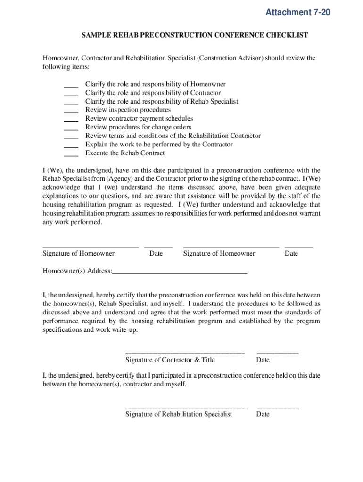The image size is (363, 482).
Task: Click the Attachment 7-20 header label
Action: (x=297, y=13)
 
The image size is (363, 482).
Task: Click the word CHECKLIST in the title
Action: (x=284, y=35)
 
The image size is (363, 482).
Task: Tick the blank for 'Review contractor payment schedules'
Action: (x=71, y=119)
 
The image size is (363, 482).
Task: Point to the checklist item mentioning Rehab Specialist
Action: (x=161, y=101)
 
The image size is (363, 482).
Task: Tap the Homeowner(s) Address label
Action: (x=77, y=271)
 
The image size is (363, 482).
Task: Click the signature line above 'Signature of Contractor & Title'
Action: (x=185, y=353)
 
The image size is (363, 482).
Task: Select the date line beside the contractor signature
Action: (x=277, y=353)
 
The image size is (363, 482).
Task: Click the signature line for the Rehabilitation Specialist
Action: (x=186, y=407)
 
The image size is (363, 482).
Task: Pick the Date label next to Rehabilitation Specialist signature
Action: (x=263, y=414)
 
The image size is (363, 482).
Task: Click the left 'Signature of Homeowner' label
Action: (x=78, y=254)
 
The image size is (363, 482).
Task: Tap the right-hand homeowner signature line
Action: (x=231, y=246)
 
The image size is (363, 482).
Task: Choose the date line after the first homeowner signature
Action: (x=158, y=246)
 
